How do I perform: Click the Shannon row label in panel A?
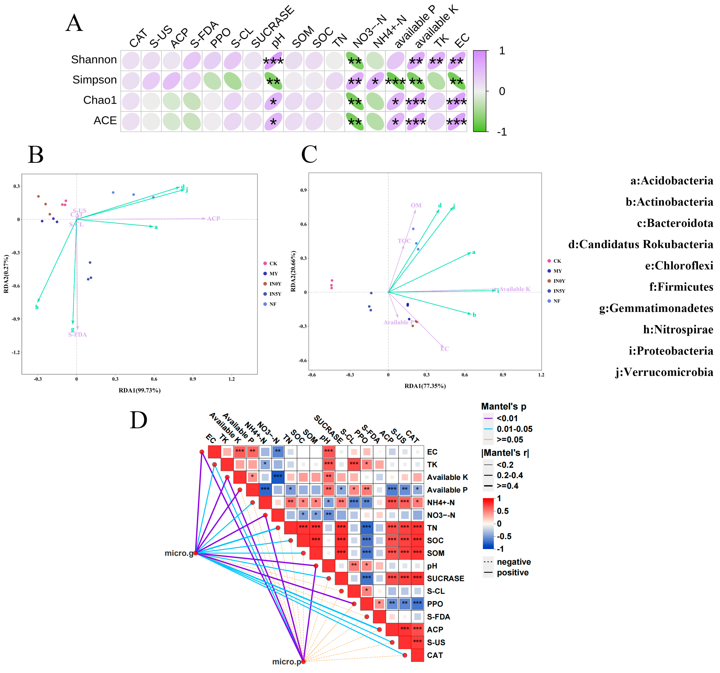94,60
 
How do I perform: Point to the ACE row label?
105,120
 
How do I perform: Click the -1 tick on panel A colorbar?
502,132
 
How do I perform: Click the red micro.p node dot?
303,661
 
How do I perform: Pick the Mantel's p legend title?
503,406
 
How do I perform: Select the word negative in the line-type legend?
514,562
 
